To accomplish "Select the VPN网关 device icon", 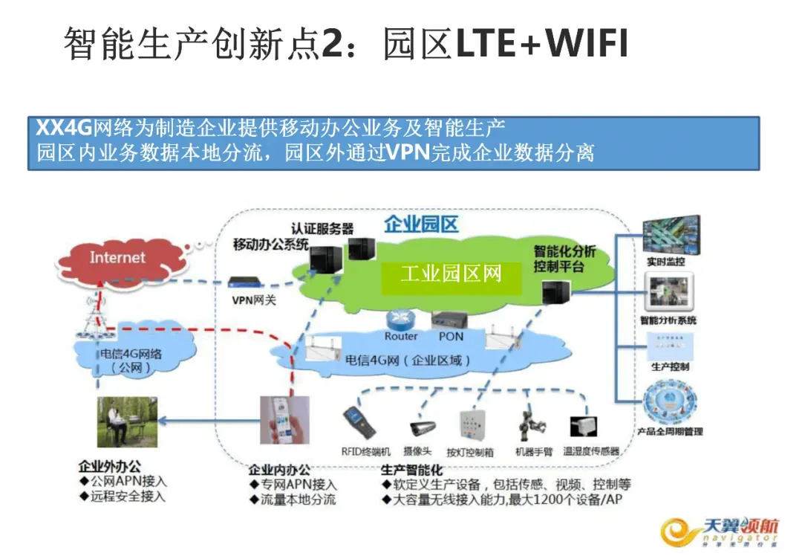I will [244, 282].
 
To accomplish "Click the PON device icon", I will [450, 320].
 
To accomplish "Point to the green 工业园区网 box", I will [451, 274].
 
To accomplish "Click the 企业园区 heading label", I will [421, 224].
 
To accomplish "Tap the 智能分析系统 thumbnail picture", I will [671, 293].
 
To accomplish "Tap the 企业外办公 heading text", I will [109, 467].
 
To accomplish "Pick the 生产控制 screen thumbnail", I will [670, 345].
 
